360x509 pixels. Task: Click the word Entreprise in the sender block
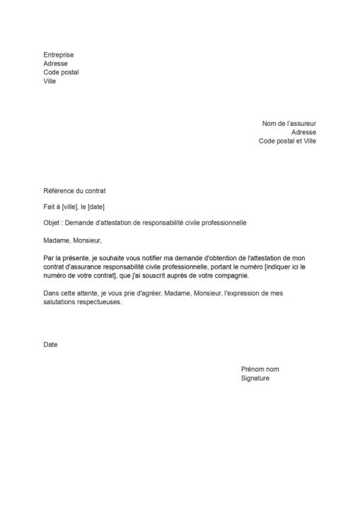click(x=59, y=54)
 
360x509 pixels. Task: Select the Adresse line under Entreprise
click(x=56, y=63)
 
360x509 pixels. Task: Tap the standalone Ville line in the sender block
click(x=50, y=81)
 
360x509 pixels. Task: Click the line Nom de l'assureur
click(x=289, y=123)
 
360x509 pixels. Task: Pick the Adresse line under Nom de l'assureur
click(x=303, y=131)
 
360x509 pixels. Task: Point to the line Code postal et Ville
click(x=287, y=141)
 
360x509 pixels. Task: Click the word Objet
click(x=52, y=223)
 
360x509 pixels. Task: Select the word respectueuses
click(x=103, y=302)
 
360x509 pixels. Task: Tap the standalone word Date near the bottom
click(x=50, y=344)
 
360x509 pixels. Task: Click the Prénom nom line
click(x=260, y=369)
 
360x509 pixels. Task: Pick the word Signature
click(x=255, y=378)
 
